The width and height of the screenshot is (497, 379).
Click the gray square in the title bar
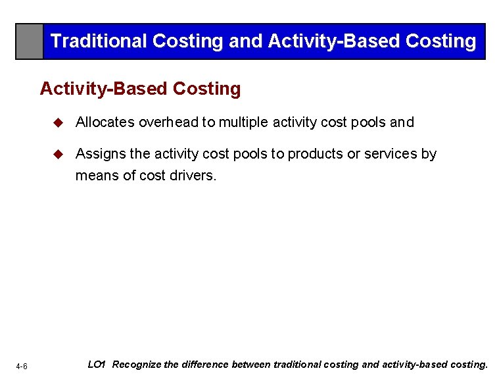coord(30,41)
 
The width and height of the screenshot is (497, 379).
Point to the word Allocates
coord(105,122)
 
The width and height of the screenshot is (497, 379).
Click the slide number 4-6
coord(22,366)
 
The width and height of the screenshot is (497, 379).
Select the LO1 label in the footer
coord(97,364)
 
